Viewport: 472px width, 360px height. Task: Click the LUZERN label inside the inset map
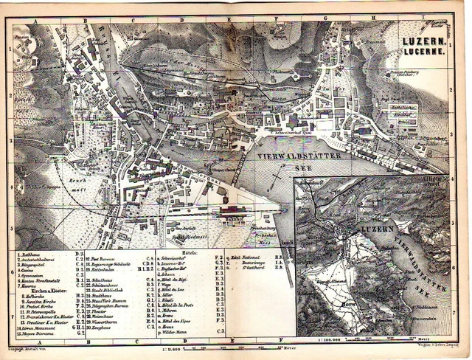(370, 232)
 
